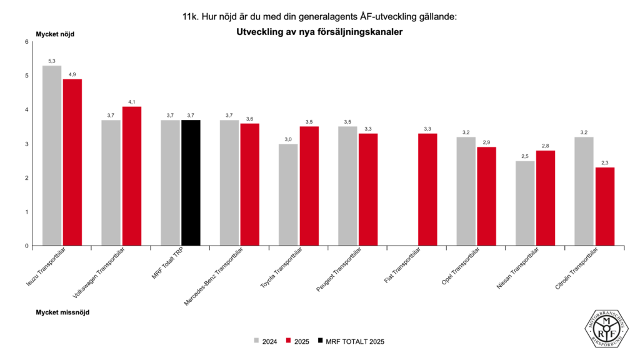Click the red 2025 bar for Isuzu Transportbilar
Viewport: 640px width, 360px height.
pyautogui.click(x=72, y=162)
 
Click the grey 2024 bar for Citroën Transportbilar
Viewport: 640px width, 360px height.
pyautogui.click(x=584, y=191)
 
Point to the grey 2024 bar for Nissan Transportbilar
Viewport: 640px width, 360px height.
pyautogui.click(x=525, y=203)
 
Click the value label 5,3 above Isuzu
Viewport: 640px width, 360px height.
pyautogui.click(x=52, y=61)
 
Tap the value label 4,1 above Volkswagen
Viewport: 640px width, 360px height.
pyautogui.click(x=132, y=102)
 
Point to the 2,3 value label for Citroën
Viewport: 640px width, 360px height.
pyautogui.click(x=604, y=162)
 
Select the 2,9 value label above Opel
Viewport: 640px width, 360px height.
pyautogui.click(x=486, y=142)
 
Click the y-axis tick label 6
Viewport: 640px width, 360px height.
pyautogui.click(x=26, y=42)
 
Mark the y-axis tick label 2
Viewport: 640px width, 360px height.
pyautogui.click(x=26, y=178)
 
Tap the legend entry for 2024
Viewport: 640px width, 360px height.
pyautogui.click(x=265, y=341)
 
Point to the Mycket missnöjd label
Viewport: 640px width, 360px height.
pyautogui.click(x=62, y=311)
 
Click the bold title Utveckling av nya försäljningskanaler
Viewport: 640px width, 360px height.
pyautogui.click(x=319, y=31)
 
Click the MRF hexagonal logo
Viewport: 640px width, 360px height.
pyautogui.click(x=606, y=325)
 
